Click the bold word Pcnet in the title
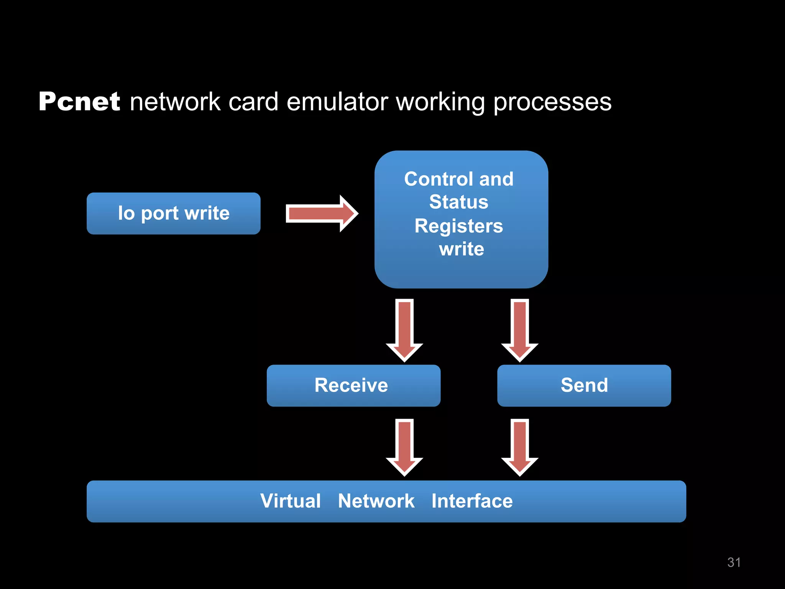point(79,102)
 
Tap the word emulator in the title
point(337,102)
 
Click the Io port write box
point(173,214)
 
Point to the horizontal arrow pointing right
point(321,214)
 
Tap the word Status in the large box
point(458,202)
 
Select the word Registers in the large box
point(458,226)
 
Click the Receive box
point(353,385)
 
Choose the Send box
point(584,385)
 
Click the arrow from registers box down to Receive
point(404,330)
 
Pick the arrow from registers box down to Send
point(520,330)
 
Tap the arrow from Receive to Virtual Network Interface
point(404,447)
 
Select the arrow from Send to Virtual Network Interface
point(520,447)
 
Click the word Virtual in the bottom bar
point(290,501)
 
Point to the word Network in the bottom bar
point(376,501)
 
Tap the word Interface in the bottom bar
point(472,501)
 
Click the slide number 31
point(734,562)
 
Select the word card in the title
point(253,102)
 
